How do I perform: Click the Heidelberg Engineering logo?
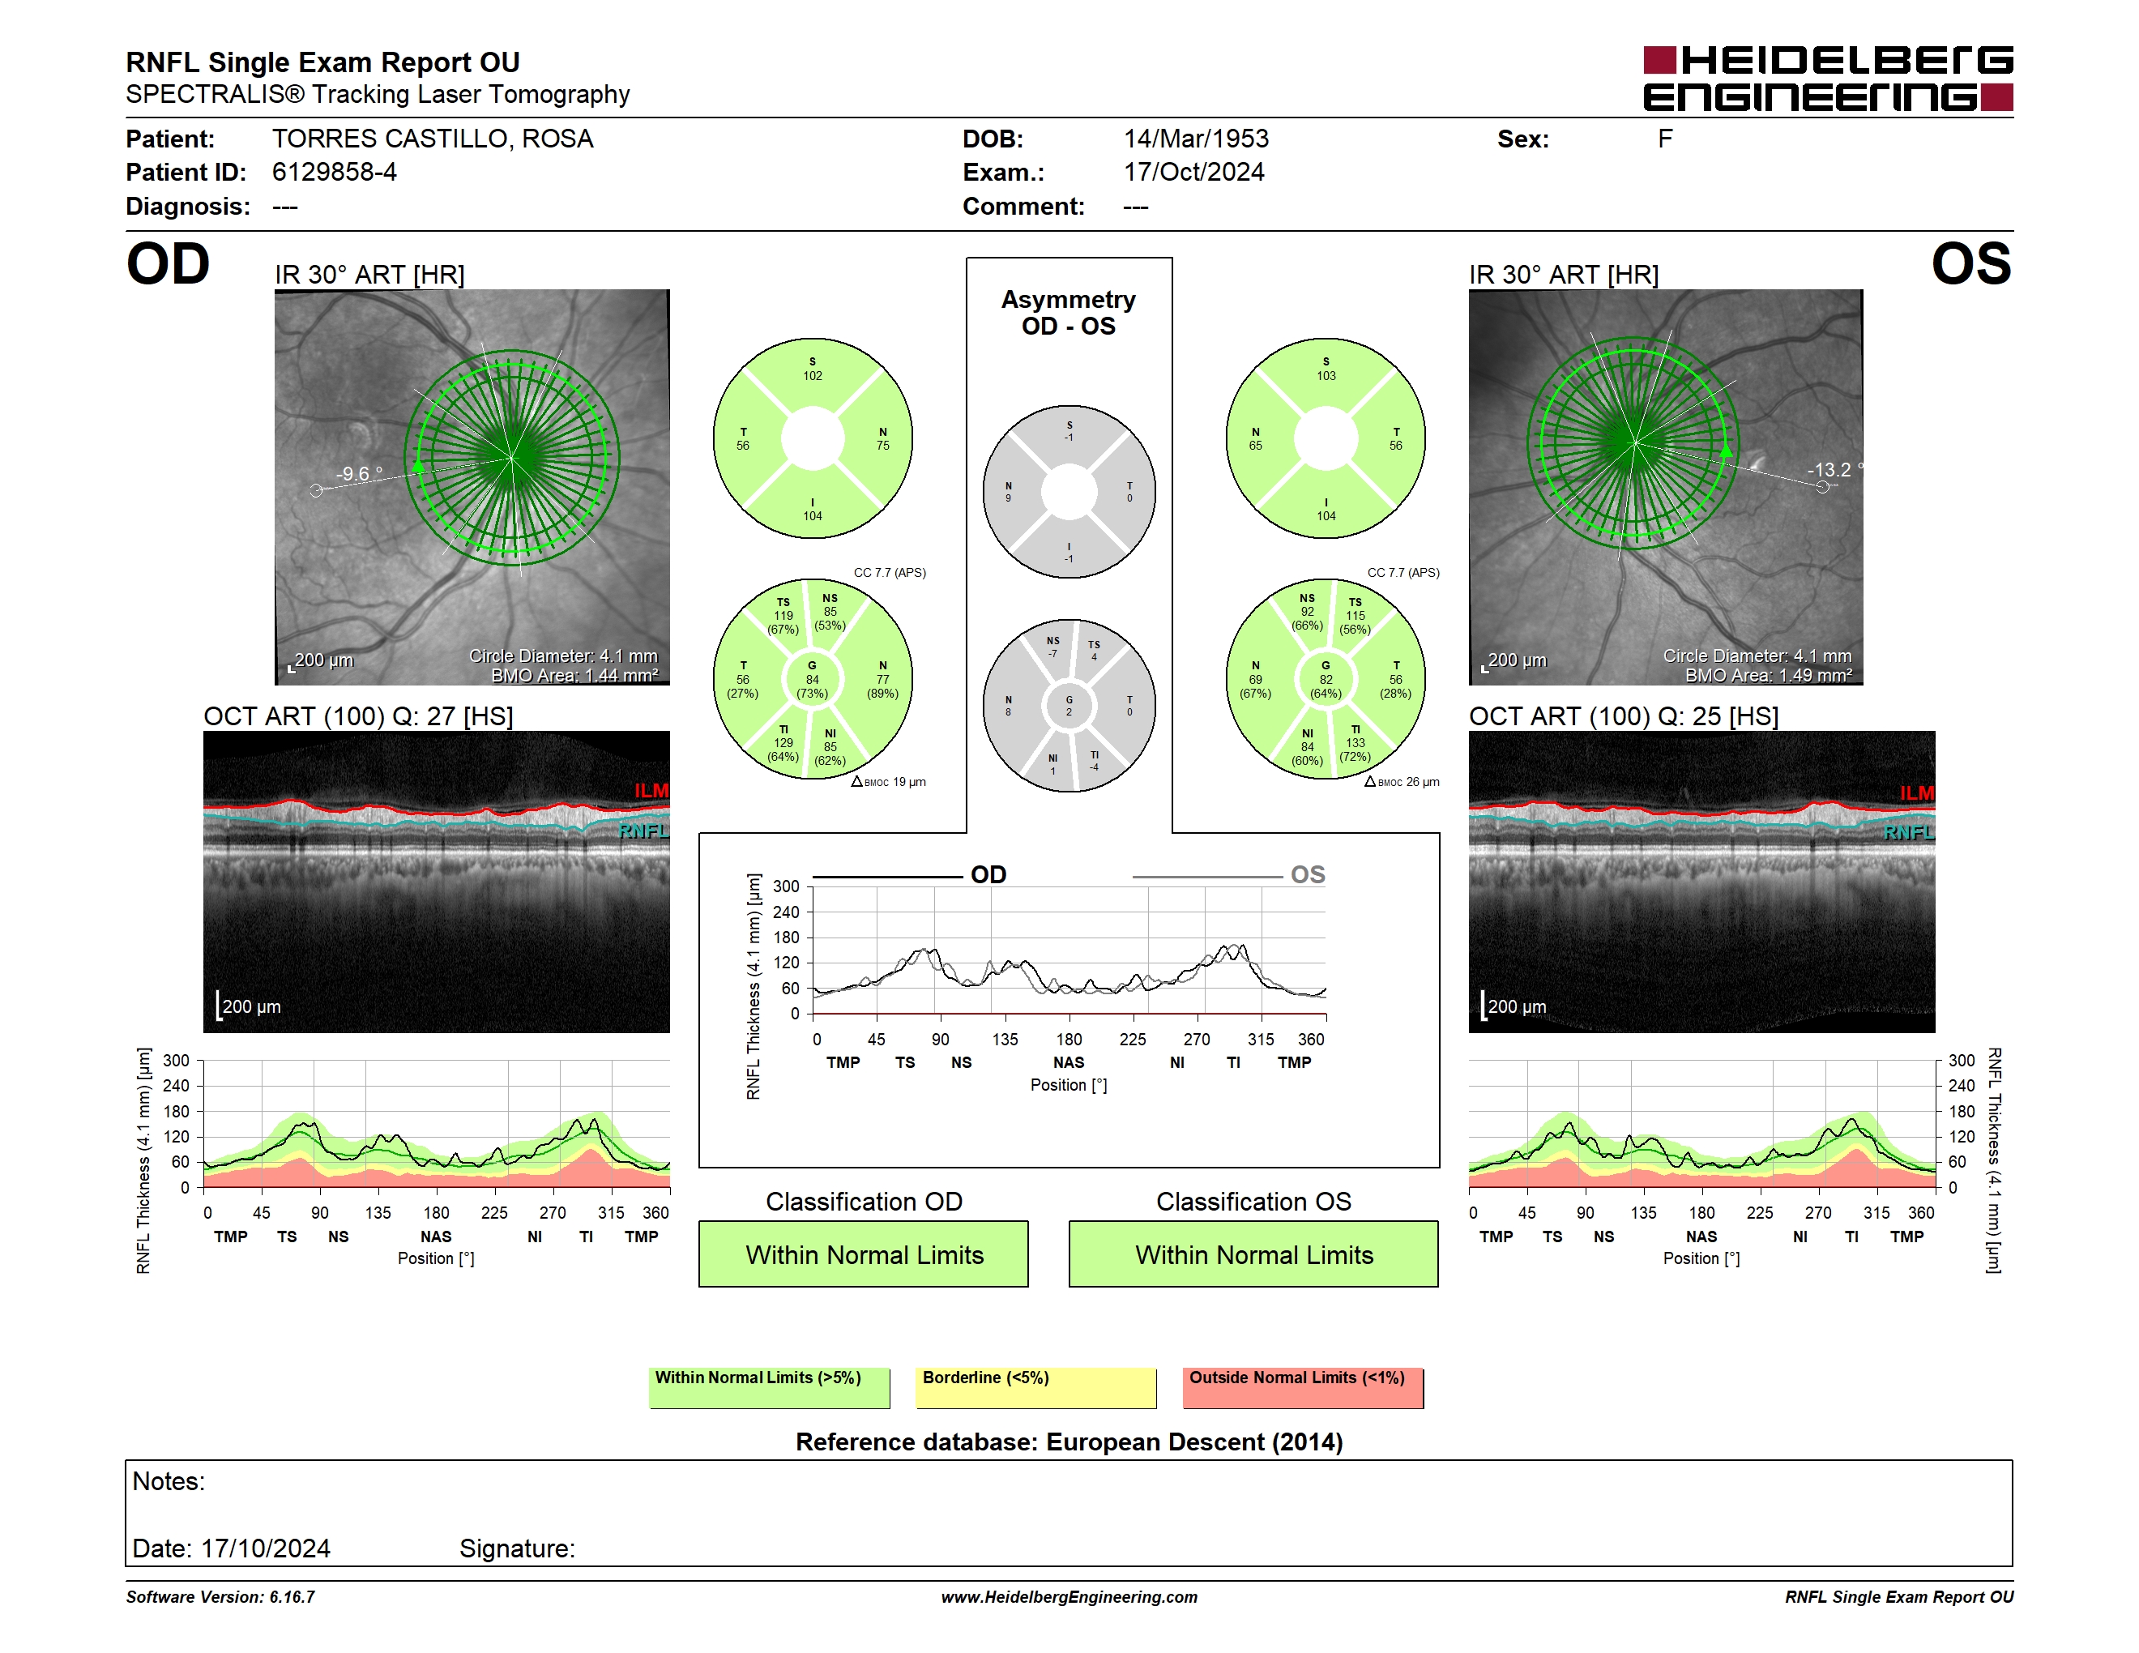(x=1828, y=79)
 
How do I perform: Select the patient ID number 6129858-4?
(x=334, y=173)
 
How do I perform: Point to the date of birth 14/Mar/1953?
(x=1196, y=139)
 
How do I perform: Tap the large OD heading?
(x=168, y=264)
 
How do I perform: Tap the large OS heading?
(x=1970, y=264)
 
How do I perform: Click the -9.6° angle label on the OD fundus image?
(x=358, y=474)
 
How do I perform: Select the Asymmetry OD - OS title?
(x=1069, y=313)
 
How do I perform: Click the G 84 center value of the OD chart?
(x=812, y=680)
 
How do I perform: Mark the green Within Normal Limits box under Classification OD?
(x=863, y=1254)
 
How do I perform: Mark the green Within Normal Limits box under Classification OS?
(x=1253, y=1254)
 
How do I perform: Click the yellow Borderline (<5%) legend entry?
(x=1036, y=1387)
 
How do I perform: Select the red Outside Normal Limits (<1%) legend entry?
(x=1303, y=1387)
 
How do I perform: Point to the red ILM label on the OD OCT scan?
(x=651, y=790)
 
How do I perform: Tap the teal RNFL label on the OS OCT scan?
(x=1908, y=832)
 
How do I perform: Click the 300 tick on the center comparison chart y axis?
(x=787, y=886)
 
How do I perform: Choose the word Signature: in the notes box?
(x=517, y=1549)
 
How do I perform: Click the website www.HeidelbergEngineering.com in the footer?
(x=1069, y=1597)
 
